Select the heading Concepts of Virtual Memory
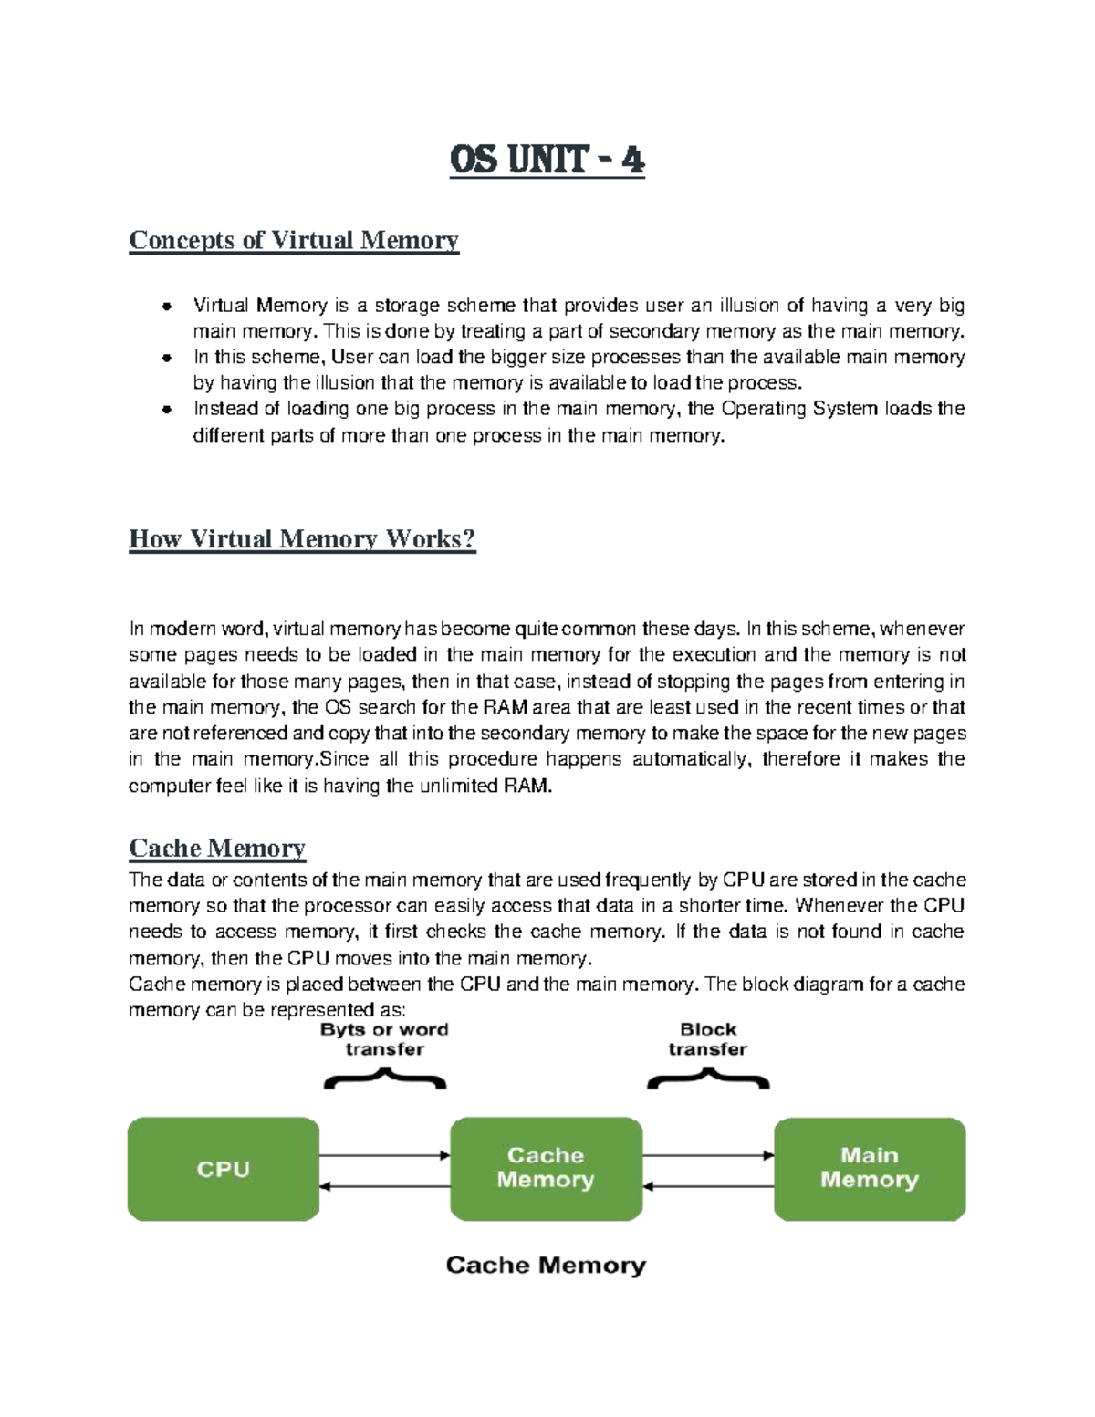coord(293,240)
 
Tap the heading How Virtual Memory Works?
coord(302,538)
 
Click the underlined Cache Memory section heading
coord(217,848)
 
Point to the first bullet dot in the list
coord(166,306)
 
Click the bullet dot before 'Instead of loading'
coord(166,409)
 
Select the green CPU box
coord(224,1169)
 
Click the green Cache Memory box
coord(546,1169)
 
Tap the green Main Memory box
coord(869,1169)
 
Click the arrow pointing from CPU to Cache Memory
coord(385,1155)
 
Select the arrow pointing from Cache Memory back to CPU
coord(385,1186)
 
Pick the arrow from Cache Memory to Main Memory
coord(708,1155)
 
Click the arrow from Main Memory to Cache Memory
coord(708,1186)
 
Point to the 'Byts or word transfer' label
coord(384,1039)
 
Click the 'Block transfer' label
coord(708,1039)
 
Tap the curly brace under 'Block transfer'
coord(708,1079)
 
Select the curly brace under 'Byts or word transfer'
coord(384,1079)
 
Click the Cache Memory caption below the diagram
coord(546,1266)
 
